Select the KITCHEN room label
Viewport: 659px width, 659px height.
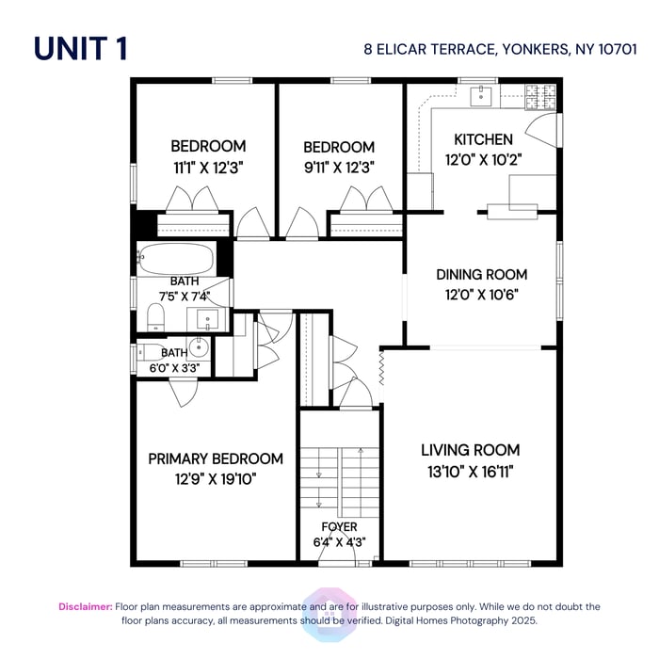pyautogui.click(x=484, y=139)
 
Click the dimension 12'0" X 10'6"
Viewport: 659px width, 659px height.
pyautogui.click(x=481, y=293)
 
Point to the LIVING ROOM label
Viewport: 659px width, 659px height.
pyautogui.click(x=470, y=450)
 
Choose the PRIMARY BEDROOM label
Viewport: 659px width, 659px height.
pyautogui.click(x=216, y=458)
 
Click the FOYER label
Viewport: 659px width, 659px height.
pyautogui.click(x=339, y=527)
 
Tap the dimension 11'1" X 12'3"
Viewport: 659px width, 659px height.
pyautogui.click(x=208, y=168)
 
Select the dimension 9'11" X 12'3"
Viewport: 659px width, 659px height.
pyautogui.click(x=339, y=168)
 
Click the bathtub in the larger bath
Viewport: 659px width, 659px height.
pyautogui.click(x=176, y=257)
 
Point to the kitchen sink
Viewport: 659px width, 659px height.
pyautogui.click(x=482, y=93)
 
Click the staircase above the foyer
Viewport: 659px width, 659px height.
pyautogui.click(x=340, y=475)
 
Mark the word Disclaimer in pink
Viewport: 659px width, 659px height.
pyautogui.click(x=86, y=607)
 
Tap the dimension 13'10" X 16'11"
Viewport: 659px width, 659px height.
pyautogui.click(x=470, y=470)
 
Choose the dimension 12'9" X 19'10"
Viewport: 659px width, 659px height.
pyautogui.click(x=216, y=478)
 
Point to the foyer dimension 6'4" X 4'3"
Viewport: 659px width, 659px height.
pyautogui.click(x=339, y=542)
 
